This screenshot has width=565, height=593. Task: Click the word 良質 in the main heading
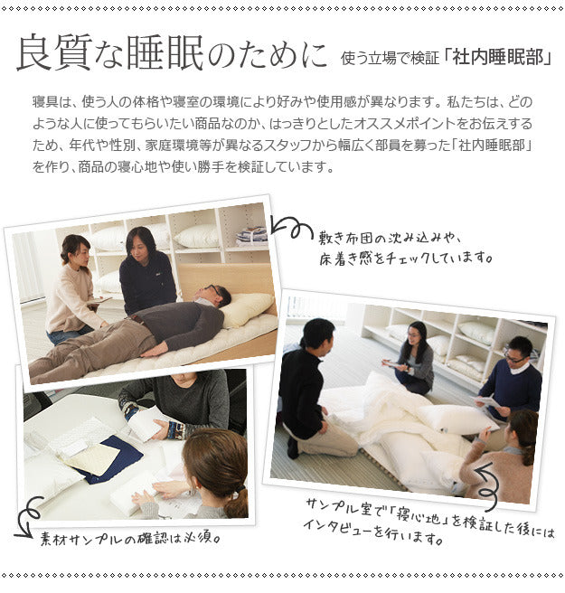(54, 53)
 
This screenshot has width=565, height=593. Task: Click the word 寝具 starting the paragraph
(45, 101)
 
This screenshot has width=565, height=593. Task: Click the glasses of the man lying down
(213, 291)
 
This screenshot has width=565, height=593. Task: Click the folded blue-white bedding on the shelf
(251, 235)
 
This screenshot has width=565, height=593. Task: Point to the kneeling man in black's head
(318, 334)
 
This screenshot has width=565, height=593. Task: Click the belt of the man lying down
(138, 320)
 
